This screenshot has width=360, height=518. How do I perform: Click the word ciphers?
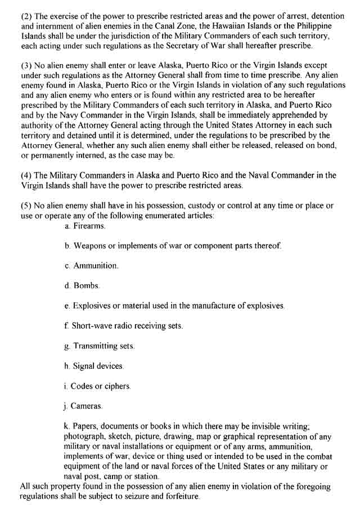click(x=116, y=386)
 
